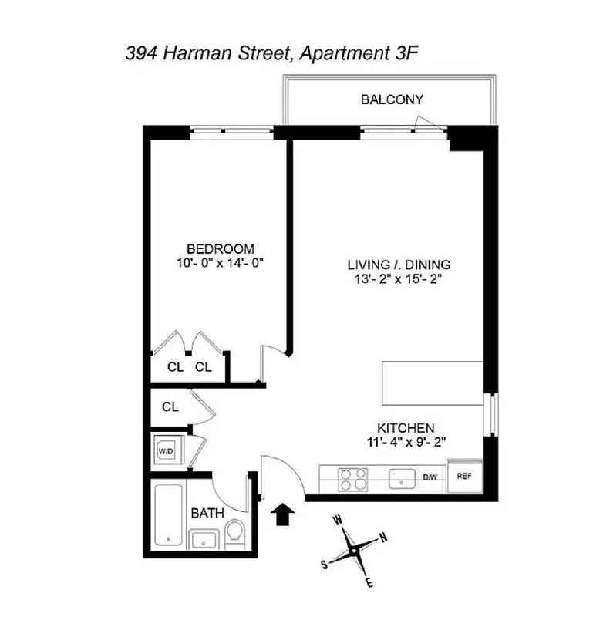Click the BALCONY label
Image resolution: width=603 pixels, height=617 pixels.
coord(392,99)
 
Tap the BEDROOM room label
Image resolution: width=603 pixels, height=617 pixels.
coord(221,248)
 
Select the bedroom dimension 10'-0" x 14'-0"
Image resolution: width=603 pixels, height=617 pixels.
coord(221,263)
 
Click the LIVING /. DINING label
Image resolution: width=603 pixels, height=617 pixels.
coord(399,265)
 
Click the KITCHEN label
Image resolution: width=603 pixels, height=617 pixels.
coord(406,428)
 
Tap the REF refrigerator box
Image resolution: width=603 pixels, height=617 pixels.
coord(464,477)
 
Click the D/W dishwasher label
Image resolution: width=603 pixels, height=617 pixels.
coord(430,477)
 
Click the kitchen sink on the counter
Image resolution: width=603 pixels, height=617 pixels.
coord(402,478)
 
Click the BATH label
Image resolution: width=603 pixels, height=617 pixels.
coord(207,513)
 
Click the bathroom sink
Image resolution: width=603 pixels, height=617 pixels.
coord(204,538)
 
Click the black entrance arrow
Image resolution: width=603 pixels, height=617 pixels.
coord(283,514)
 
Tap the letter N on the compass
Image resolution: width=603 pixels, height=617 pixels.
coord(383,538)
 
